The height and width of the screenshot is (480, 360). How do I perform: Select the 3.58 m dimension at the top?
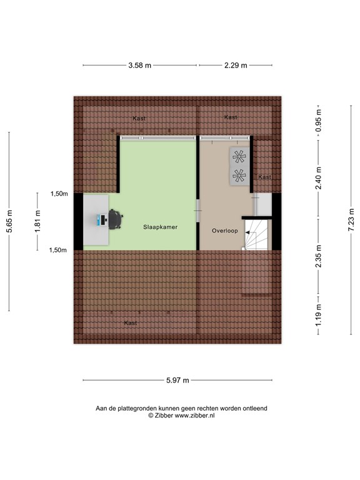(140, 64)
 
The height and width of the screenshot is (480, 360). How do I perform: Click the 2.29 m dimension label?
(235, 64)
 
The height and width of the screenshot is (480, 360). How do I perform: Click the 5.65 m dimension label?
(9, 221)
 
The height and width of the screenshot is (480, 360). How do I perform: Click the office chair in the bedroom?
(116, 219)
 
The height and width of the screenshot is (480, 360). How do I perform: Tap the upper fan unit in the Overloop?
(238, 156)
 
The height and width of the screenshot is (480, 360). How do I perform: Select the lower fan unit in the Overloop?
(238, 176)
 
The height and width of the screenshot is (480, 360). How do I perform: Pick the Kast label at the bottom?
(130, 323)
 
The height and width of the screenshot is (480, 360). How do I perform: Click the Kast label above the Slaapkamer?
(139, 118)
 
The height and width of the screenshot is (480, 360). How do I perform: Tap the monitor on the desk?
(99, 219)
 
